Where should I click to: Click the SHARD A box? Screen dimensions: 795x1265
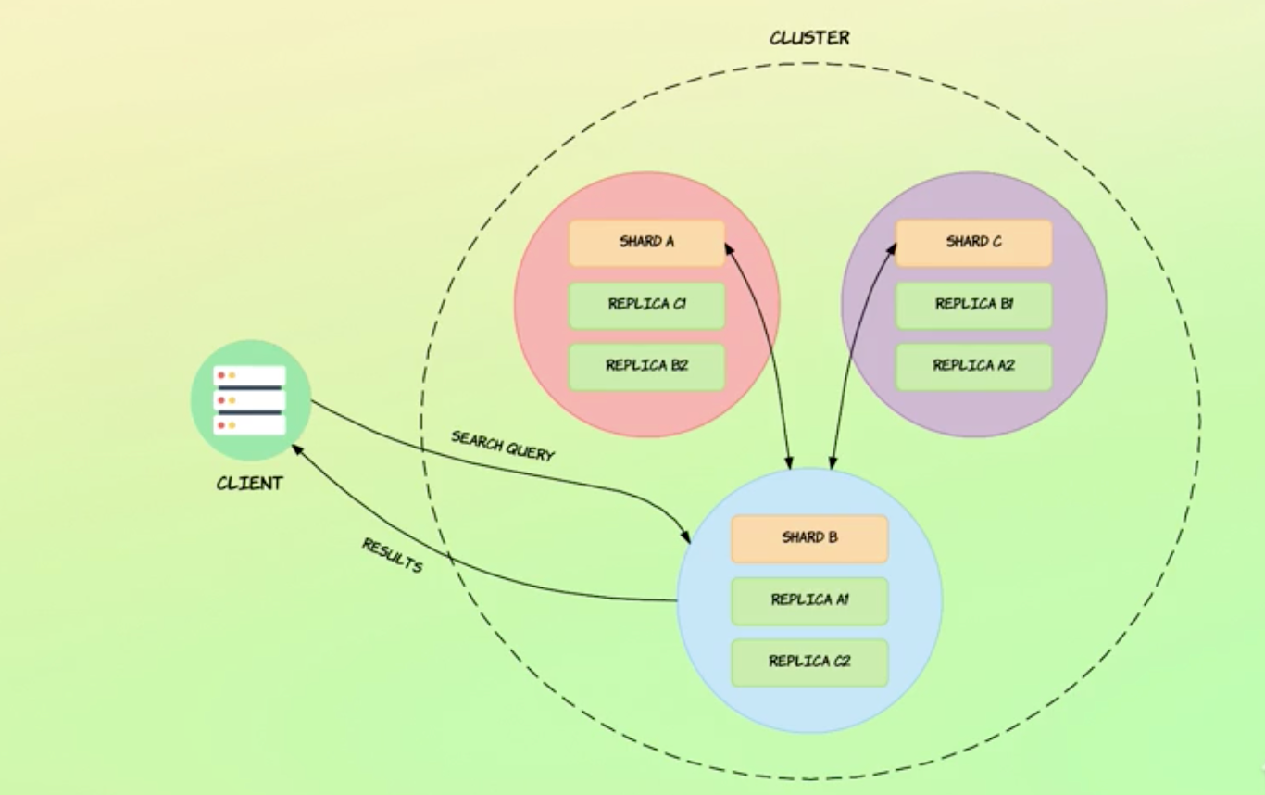click(646, 243)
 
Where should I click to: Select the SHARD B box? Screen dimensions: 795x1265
click(809, 538)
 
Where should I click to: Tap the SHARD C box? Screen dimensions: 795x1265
click(973, 243)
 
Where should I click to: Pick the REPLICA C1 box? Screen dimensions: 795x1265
click(646, 305)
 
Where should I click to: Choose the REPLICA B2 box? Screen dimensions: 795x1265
click(646, 366)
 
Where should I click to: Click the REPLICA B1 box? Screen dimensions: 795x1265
click(973, 305)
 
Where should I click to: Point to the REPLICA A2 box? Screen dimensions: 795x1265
click(973, 366)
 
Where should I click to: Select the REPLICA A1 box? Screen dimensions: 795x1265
click(809, 600)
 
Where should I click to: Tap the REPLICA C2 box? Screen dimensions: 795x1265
click(809, 662)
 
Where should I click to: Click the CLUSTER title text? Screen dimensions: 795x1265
click(809, 38)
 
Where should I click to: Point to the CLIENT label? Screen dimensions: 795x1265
click(249, 484)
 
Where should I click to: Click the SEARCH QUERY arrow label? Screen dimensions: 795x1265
click(502, 446)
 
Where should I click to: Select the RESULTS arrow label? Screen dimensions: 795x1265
click(392, 555)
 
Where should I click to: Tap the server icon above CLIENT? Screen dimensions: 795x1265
click(250, 400)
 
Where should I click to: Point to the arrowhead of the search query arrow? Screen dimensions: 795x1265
click(685, 537)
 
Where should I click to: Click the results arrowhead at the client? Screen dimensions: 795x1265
click(297, 448)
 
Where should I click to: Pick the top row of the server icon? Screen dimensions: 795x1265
click(250, 375)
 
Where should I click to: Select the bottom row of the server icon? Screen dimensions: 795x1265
click(250, 424)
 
